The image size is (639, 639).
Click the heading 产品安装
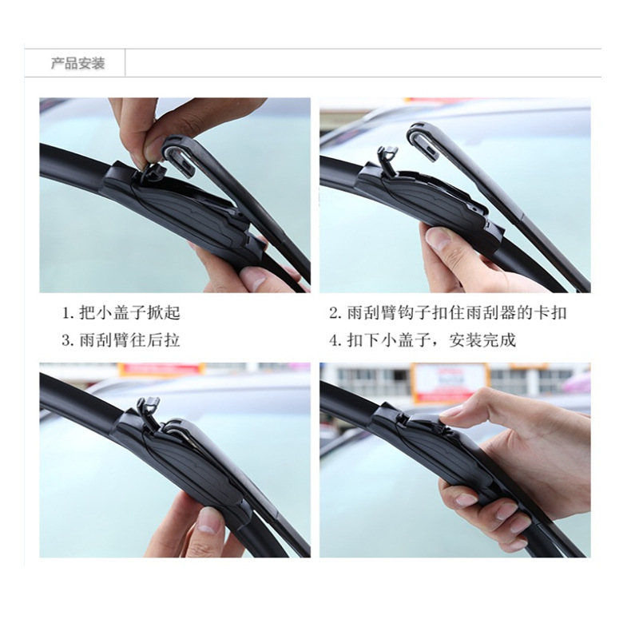[x=77, y=64]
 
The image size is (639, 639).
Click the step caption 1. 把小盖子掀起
[x=121, y=313]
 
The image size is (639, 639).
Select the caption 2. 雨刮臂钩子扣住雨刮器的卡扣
[x=448, y=313]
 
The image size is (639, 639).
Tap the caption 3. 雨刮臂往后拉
[x=121, y=340]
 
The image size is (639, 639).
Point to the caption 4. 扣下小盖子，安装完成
[x=423, y=340]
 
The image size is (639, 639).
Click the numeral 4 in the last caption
[x=334, y=340]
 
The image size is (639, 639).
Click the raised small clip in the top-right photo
[x=387, y=161]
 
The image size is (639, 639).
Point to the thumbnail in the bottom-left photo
[x=208, y=522]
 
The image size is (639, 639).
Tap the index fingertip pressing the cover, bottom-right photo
[x=449, y=412]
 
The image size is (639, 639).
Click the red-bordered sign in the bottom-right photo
[x=450, y=382]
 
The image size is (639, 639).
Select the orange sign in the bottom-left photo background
[x=161, y=369]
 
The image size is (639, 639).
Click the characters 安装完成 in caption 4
[x=482, y=340]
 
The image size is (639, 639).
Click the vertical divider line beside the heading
[x=125, y=62]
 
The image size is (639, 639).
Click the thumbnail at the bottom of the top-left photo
[x=253, y=277]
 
